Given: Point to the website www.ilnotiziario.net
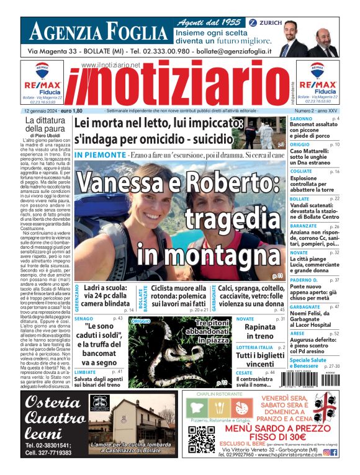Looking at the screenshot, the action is pyautogui.click(x=110, y=64).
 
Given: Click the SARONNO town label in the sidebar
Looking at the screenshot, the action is pyautogui.click(x=301, y=118).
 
